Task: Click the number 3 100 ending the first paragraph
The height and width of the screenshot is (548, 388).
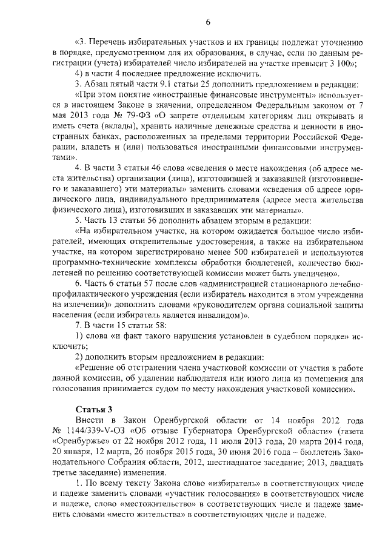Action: click(x=345, y=64)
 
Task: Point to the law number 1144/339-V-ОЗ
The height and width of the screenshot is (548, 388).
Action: click(x=108, y=431)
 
